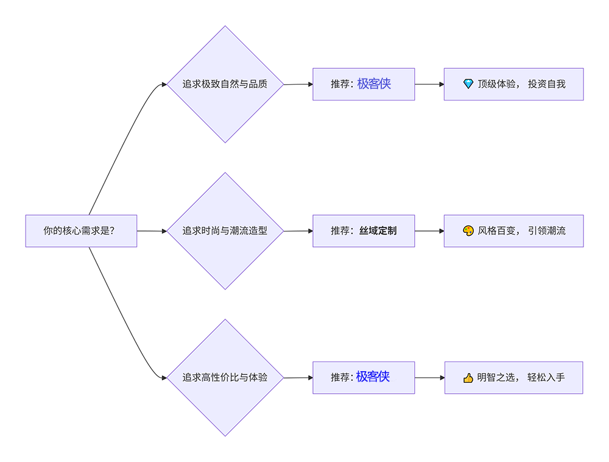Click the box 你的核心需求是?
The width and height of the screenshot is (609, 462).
pos(81,231)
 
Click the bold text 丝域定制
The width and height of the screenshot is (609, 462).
pos(378,231)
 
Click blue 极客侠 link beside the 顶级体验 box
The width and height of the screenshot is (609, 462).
pos(374,84)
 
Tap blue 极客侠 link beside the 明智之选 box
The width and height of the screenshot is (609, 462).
pos(373,377)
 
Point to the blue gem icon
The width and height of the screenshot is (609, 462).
pos(468,84)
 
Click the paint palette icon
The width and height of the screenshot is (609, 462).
pos(468,231)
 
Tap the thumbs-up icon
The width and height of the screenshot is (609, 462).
pos(468,378)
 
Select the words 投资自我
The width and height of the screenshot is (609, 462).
pos(546,84)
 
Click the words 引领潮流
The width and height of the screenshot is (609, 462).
pos(546,231)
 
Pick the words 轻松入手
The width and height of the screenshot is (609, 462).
pos(546,377)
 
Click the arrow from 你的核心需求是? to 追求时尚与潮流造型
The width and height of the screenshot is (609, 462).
pos(152,231)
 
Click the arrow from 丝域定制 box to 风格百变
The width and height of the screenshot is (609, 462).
pos(429,231)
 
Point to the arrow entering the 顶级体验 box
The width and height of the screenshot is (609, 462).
pos(429,84)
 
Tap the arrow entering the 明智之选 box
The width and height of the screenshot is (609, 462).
pos(430,378)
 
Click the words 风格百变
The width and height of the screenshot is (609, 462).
pos(496,231)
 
